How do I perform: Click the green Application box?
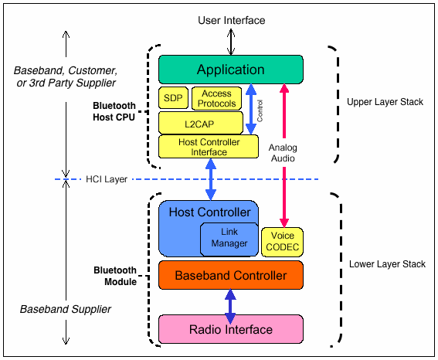230,70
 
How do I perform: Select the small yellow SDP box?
171,98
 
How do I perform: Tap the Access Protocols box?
216,98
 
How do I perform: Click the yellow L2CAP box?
200,122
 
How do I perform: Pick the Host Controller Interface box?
209,147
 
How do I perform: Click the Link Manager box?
229,238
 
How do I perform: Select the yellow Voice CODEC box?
282,242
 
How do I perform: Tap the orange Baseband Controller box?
230,275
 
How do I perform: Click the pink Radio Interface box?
230,329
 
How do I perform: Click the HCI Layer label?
107,179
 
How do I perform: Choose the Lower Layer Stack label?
386,264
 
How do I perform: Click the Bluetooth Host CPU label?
114,112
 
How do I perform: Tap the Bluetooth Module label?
115,276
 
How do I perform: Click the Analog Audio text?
283,153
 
